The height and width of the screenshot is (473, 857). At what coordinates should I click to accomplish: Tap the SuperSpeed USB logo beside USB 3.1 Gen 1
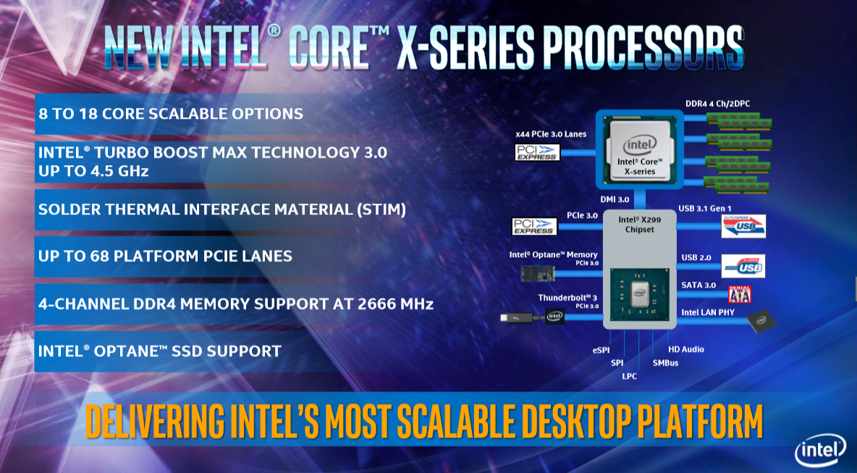(743, 226)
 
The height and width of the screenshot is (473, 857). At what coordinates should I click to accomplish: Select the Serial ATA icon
(740, 294)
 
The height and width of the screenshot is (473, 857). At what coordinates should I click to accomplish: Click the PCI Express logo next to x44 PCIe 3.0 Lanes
(537, 152)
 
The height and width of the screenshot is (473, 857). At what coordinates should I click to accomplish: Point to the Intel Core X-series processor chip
(639, 148)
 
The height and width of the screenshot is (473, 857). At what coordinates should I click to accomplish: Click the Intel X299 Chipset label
(639, 225)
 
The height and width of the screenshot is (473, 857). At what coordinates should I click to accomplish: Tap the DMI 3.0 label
(615, 200)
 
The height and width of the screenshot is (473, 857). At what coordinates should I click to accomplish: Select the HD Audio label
(686, 349)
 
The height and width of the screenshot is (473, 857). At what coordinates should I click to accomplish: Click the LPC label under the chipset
(630, 376)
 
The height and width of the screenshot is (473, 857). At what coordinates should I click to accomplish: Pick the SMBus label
(665, 363)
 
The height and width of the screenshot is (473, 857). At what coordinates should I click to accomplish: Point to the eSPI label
(601, 350)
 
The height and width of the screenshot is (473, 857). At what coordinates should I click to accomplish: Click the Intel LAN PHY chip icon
(761, 321)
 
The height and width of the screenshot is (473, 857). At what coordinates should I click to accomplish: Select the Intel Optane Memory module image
(538, 273)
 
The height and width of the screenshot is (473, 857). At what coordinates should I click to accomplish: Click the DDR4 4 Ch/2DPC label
(717, 104)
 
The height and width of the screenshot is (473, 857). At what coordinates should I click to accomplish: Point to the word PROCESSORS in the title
(643, 47)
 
